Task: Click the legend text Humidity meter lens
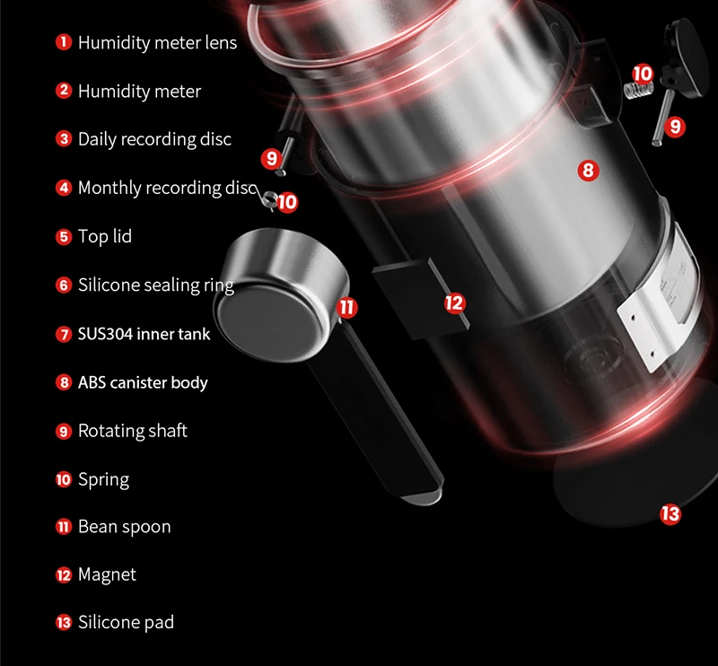click(157, 42)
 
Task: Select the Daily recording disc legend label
click(154, 139)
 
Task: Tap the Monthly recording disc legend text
click(167, 188)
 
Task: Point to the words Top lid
click(105, 237)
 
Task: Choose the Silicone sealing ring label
click(155, 285)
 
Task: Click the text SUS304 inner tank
click(144, 334)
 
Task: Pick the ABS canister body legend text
click(143, 382)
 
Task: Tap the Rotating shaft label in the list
click(132, 431)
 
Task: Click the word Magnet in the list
click(107, 574)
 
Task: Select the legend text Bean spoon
click(124, 527)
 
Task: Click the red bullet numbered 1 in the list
click(63, 42)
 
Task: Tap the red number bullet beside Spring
click(63, 479)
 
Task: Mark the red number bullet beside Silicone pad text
click(63, 623)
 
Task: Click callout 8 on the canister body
click(588, 170)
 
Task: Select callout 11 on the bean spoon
click(347, 308)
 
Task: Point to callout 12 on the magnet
click(455, 302)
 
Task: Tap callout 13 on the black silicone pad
click(670, 514)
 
